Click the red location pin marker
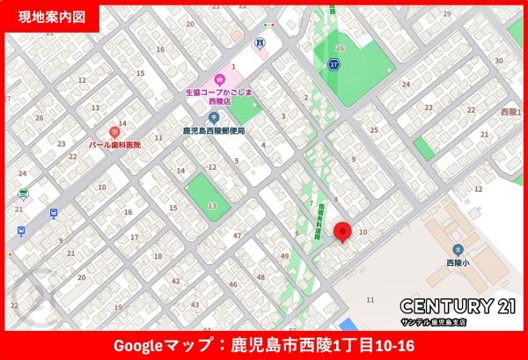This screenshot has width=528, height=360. pyautogui.click(x=344, y=232)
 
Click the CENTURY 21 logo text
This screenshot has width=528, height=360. pyautogui.click(x=458, y=306)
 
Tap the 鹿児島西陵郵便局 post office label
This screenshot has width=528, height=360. pyautogui.click(x=213, y=130)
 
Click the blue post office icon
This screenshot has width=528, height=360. pyautogui.click(x=202, y=116)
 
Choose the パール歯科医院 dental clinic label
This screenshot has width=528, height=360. pyautogui.click(x=114, y=143)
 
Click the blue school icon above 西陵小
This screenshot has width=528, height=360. pyautogui.click(x=458, y=249)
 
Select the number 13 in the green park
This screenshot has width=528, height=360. pyautogui.click(x=211, y=204)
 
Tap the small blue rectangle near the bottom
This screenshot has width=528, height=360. pyautogui.click(x=348, y=323)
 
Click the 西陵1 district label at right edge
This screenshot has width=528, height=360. pyautogui.click(x=510, y=112)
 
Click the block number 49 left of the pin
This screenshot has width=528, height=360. pyautogui.click(x=286, y=255)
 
